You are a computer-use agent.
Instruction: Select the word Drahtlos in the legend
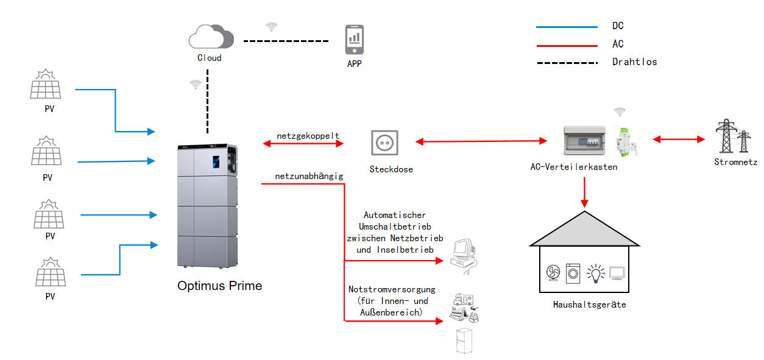[634, 62]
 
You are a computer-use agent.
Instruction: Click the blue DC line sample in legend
[566, 27]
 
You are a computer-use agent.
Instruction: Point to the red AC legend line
[566, 44]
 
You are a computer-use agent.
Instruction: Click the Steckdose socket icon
[384, 143]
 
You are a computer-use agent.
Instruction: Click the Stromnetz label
[735, 162]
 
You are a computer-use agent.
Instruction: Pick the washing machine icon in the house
[573, 274]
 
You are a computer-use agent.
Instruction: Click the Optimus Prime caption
[219, 285]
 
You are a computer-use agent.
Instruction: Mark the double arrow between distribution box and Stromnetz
[678, 139]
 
